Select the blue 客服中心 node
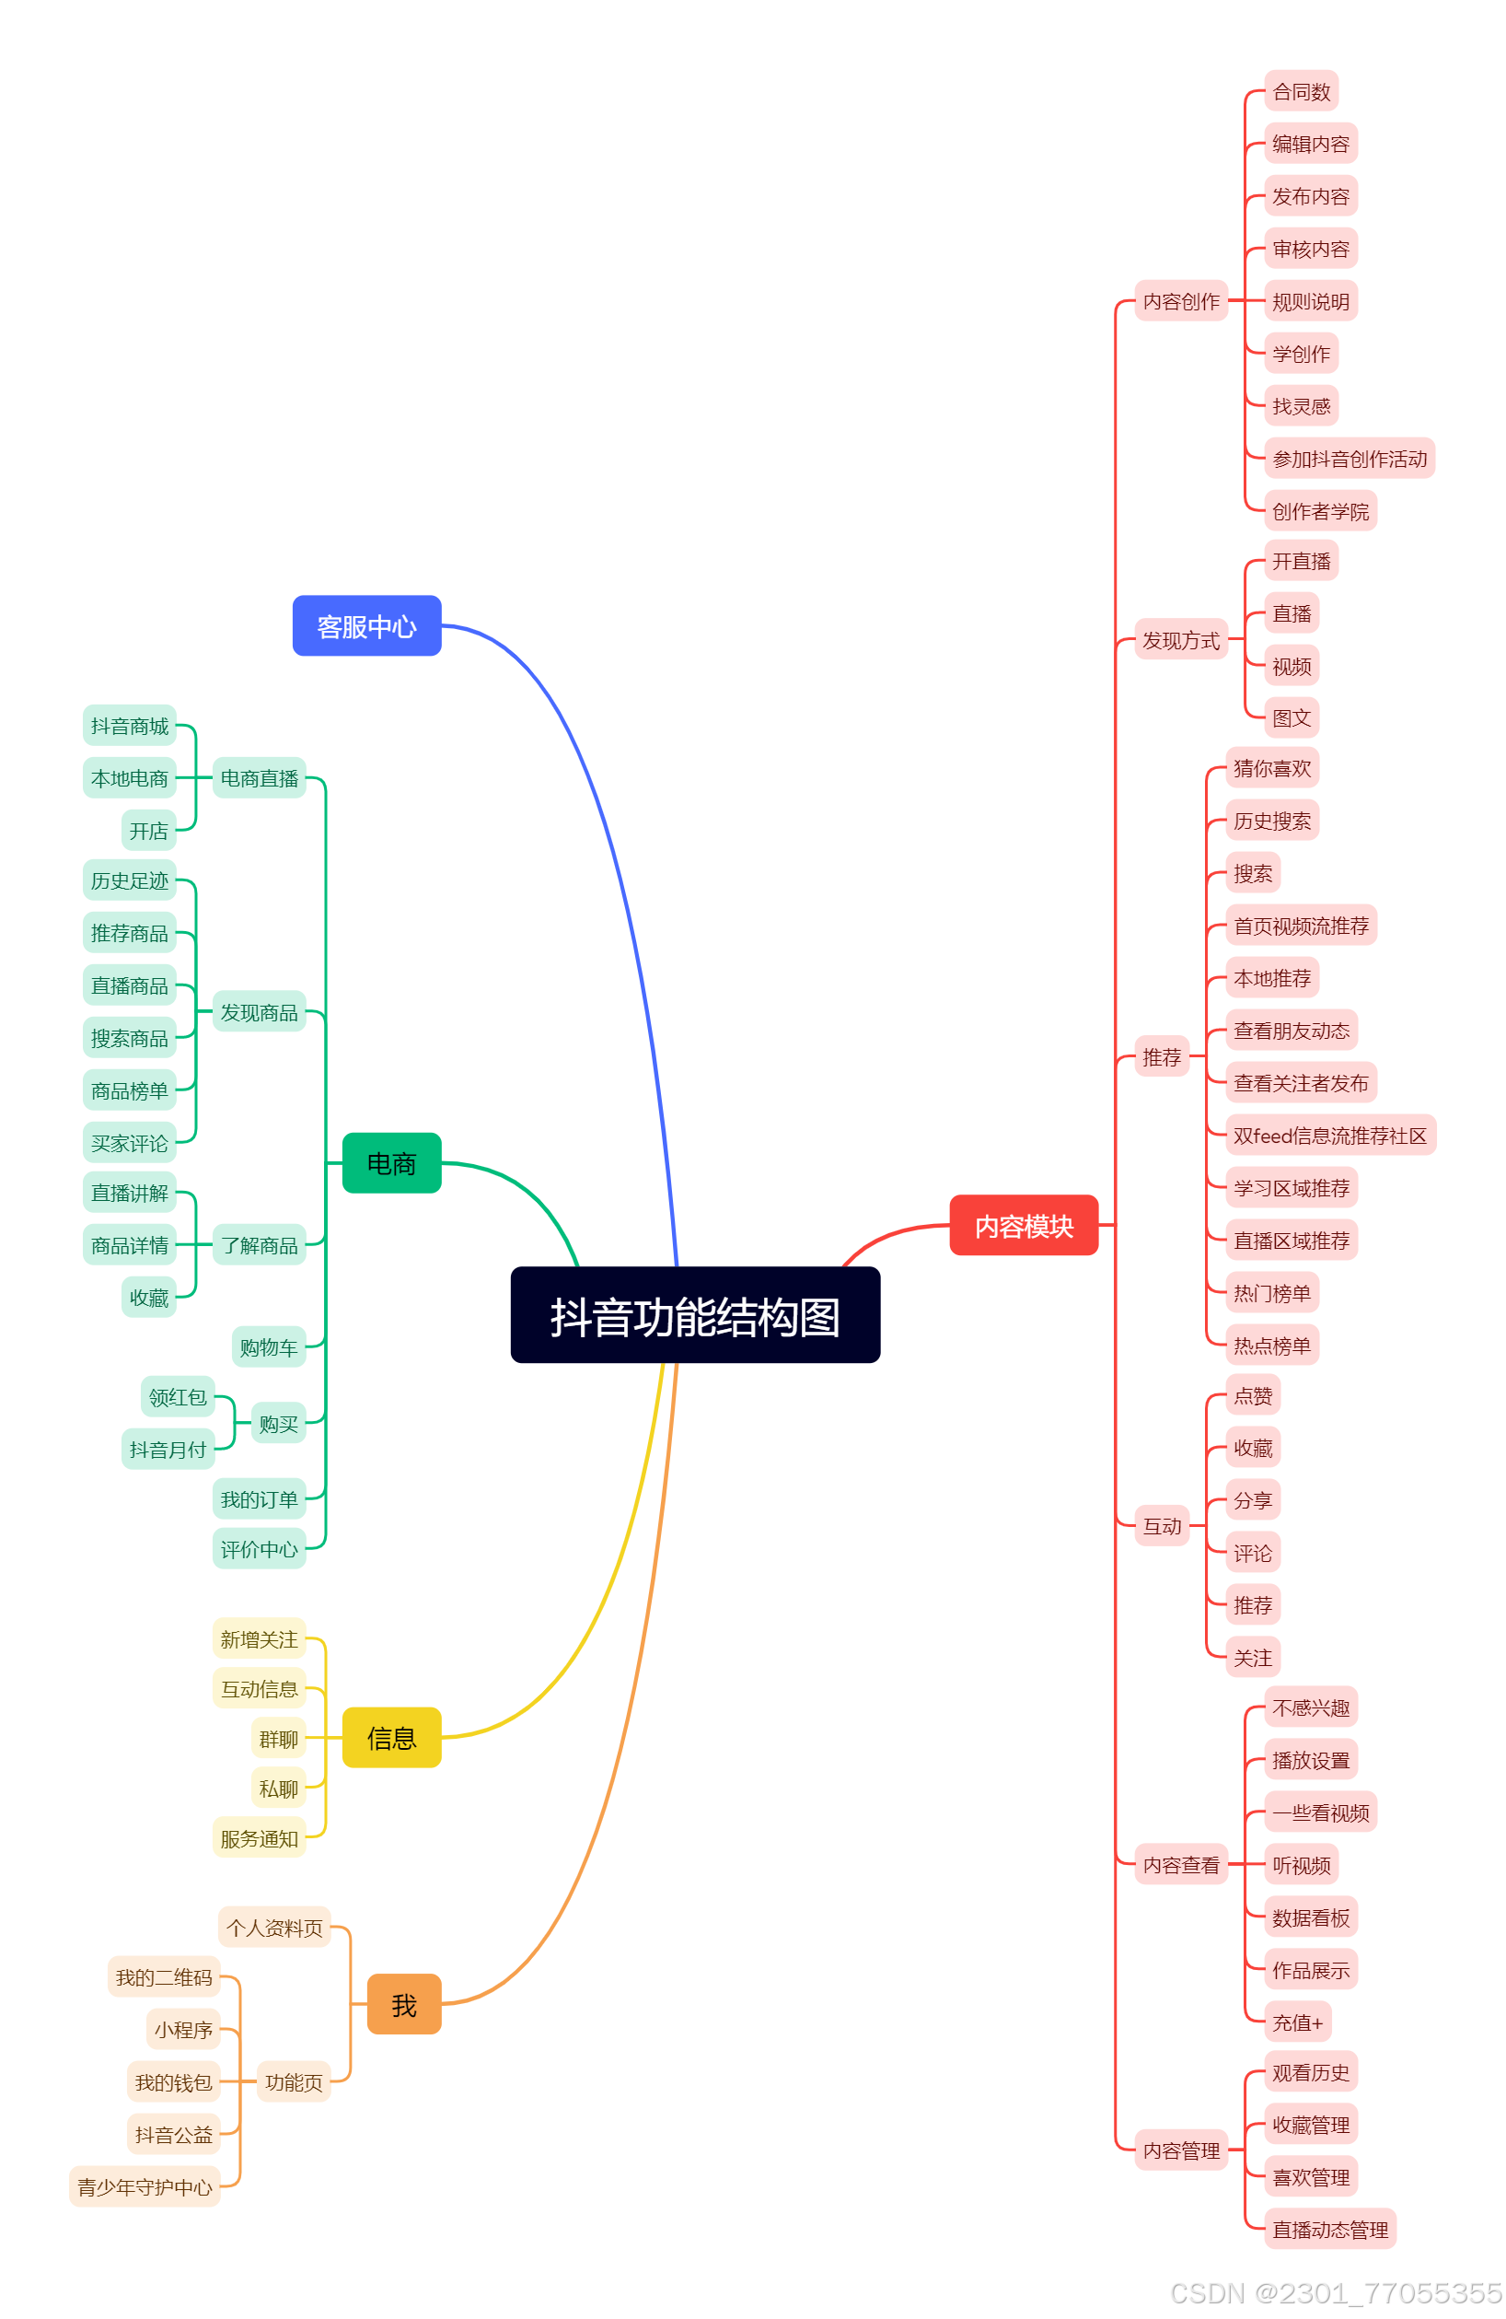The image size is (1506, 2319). click(366, 625)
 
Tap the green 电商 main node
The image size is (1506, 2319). click(390, 1162)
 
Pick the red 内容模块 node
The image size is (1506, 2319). click(1023, 1225)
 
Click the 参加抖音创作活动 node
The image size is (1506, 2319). click(1349, 458)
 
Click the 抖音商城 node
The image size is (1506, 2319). click(130, 725)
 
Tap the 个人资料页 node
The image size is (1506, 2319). click(273, 1927)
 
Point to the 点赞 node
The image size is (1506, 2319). click(1252, 1394)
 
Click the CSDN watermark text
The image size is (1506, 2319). click(1334, 2291)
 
